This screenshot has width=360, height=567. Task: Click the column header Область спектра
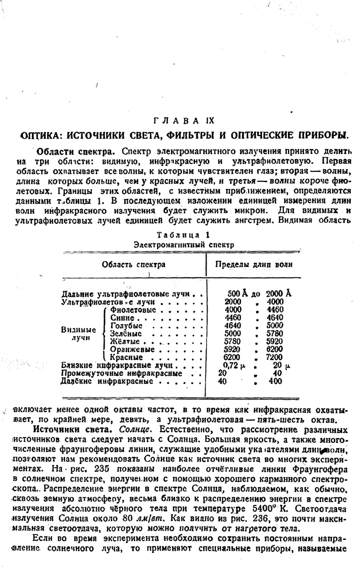click(x=133, y=264)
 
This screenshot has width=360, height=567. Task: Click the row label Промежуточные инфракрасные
click(x=122, y=373)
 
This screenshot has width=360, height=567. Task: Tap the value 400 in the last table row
click(x=276, y=381)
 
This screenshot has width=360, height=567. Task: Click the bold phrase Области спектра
click(x=72, y=153)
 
